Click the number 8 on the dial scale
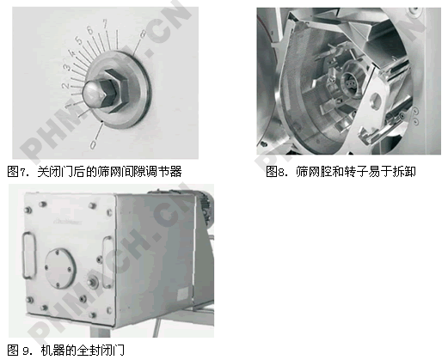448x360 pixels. point(143,34)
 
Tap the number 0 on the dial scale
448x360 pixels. point(94,144)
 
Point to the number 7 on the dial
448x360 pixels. point(106,23)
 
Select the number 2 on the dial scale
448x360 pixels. point(65,85)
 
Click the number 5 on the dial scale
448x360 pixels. point(79,40)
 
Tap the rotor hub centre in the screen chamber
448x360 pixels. point(350,83)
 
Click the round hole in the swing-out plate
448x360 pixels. point(376,101)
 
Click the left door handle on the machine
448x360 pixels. point(28,255)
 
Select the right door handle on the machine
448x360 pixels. point(107,262)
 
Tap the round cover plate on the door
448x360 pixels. point(60,268)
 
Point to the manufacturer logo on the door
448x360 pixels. point(68,222)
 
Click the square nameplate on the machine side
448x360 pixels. point(182,294)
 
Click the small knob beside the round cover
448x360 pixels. point(93,283)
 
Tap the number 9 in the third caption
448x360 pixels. point(27,351)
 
